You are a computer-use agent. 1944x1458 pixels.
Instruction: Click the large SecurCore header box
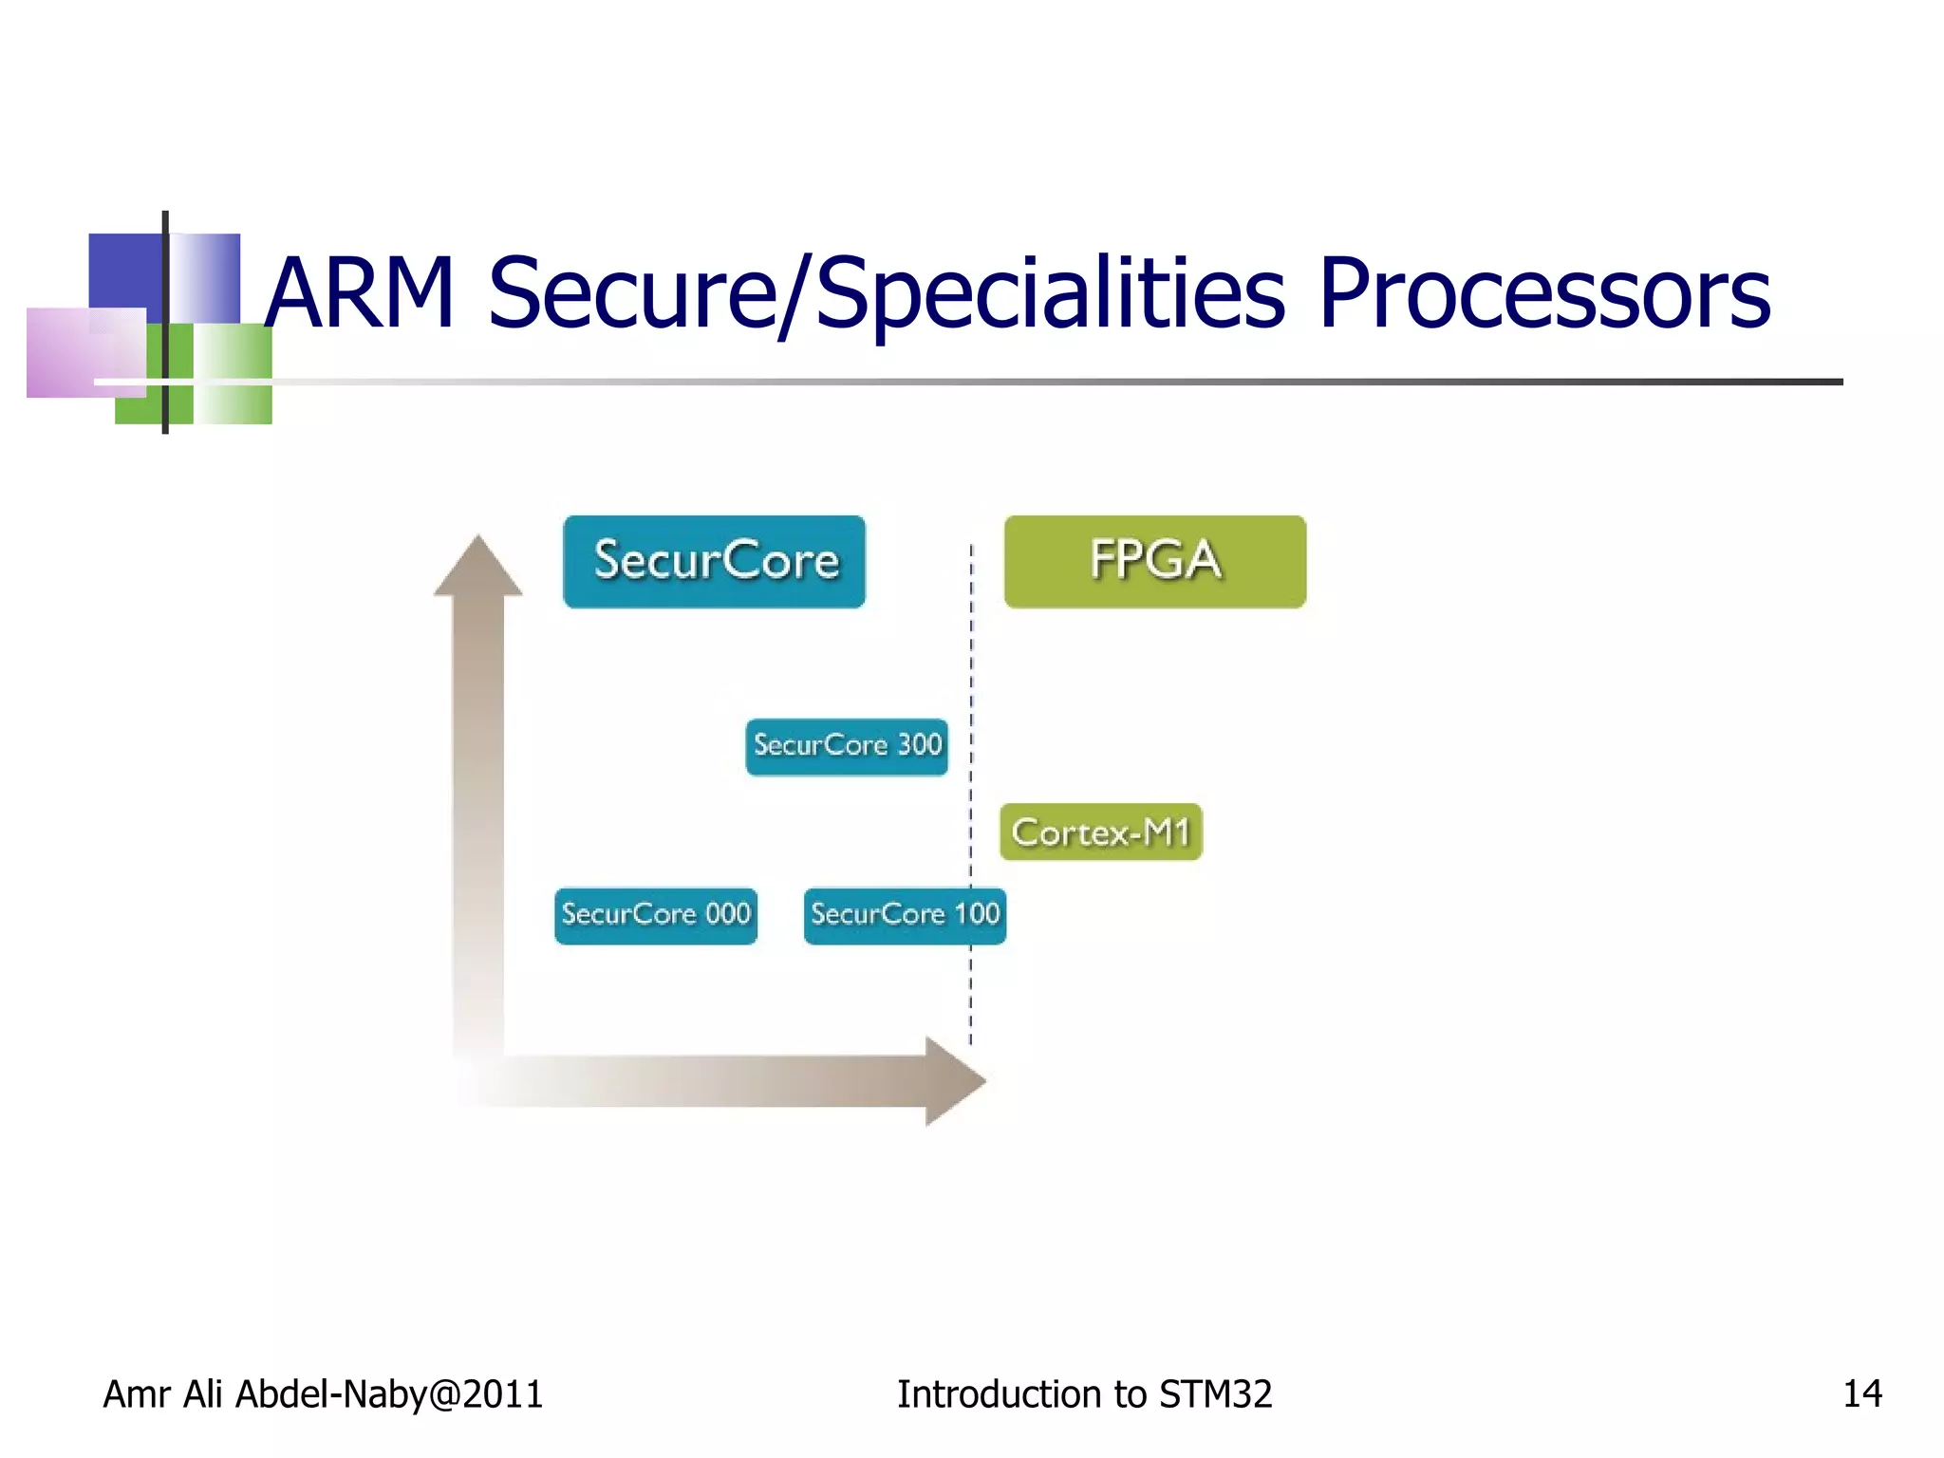(x=714, y=561)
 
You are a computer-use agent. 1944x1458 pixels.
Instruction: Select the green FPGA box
(x=1154, y=561)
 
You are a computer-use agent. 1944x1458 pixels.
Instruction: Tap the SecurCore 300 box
(x=847, y=746)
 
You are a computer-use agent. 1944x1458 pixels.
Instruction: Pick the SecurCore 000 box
(x=656, y=915)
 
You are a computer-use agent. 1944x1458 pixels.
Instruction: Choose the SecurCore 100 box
(x=904, y=915)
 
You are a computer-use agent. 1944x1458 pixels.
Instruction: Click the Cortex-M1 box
(x=1100, y=832)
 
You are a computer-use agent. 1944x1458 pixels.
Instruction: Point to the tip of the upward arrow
(x=478, y=539)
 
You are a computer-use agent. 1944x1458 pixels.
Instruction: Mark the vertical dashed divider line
(x=971, y=664)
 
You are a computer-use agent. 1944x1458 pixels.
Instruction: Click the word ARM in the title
(x=359, y=294)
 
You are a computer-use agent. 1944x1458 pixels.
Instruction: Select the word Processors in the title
(x=1543, y=294)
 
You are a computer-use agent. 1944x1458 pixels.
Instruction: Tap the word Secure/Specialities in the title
(x=885, y=294)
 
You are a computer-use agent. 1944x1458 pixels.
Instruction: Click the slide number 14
(x=1861, y=1393)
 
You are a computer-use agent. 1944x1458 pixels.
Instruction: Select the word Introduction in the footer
(x=1000, y=1393)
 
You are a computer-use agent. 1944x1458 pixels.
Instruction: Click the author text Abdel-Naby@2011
(x=389, y=1393)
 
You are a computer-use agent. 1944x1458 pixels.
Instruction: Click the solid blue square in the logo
(x=125, y=271)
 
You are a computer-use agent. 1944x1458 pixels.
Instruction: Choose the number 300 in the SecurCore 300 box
(x=919, y=744)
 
